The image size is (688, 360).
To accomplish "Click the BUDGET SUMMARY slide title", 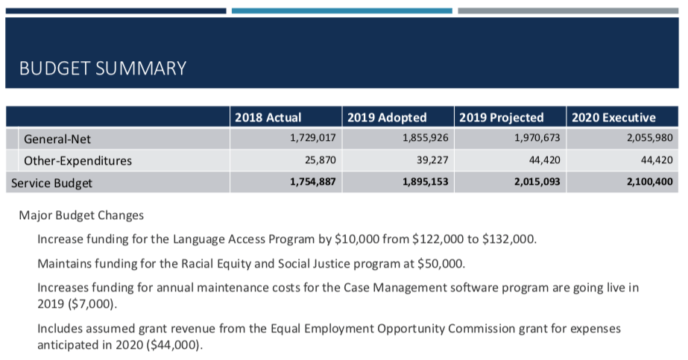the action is pyautogui.click(x=103, y=69).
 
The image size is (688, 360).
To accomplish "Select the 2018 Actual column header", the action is pyautogui.click(x=268, y=118).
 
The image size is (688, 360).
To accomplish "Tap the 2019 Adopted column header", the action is pyautogui.click(x=387, y=118).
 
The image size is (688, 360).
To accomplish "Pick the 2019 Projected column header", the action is pyautogui.click(x=502, y=118).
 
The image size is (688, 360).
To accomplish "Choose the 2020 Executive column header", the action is pyautogui.click(x=614, y=118).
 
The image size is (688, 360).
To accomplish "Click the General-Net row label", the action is pyautogui.click(x=57, y=139).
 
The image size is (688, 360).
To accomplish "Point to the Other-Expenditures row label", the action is pyautogui.click(x=78, y=160).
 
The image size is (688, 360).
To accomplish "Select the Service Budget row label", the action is pyautogui.click(x=51, y=183).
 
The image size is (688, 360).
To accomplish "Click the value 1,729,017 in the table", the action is pyautogui.click(x=313, y=138).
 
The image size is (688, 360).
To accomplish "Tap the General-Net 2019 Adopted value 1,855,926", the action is pyautogui.click(x=426, y=138).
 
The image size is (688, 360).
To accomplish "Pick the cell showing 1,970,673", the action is pyautogui.click(x=537, y=138).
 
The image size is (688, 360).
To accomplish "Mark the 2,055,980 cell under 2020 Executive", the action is pyautogui.click(x=650, y=138).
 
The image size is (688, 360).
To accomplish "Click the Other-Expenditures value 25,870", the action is pyautogui.click(x=321, y=160).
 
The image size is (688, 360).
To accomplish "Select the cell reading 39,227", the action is pyautogui.click(x=432, y=160).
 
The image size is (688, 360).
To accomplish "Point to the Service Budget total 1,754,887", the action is pyautogui.click(x=313, y=182).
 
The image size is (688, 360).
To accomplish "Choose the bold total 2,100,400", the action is pyautogui.click(x=650, y=182).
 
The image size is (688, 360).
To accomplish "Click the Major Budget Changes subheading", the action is pyautogui.click(x=81, y=215).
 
